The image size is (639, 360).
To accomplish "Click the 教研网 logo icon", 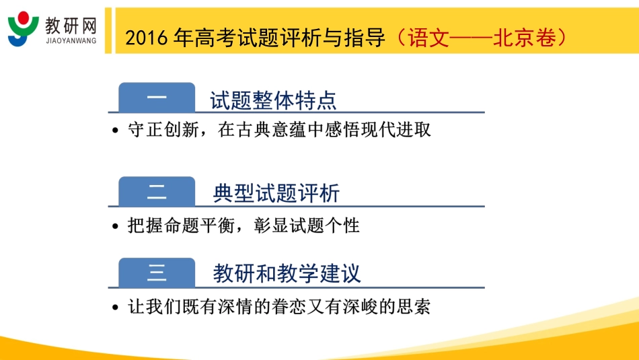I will click(x=24, y=29).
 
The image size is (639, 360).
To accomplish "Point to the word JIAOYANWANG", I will click(x=71, y=41).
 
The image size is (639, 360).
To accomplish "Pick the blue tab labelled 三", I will click(x=156, y=273).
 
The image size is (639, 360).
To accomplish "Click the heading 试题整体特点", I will click(x=273, y=100).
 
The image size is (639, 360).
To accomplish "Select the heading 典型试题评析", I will click(x=276, y=194).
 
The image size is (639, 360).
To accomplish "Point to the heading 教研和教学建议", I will click(x=287, y=273).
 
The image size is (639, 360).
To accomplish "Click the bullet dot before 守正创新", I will click(x=116, y=131).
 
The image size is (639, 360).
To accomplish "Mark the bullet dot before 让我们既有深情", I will click(x=116, y=308).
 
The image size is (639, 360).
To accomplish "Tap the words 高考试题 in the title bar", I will click(x=230, y=38).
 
